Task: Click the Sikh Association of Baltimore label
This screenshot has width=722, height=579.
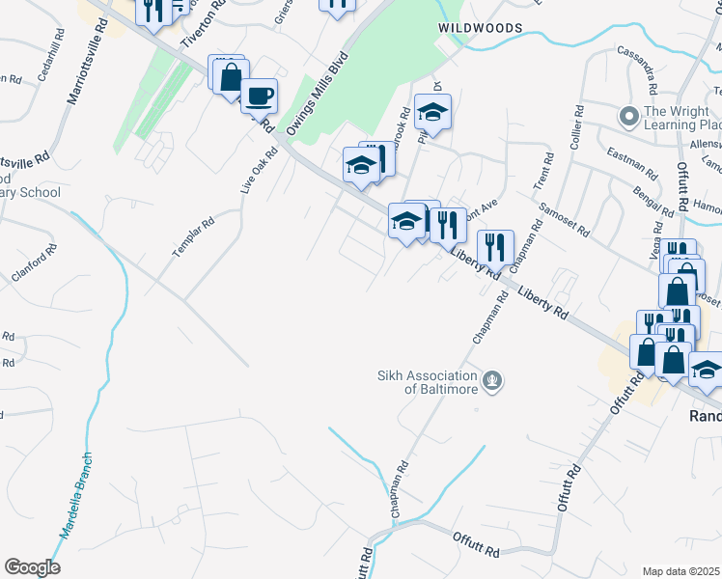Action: [428, 382]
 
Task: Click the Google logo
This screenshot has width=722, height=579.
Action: [31, 567]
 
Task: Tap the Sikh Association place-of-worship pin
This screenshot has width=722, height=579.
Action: [493, 381]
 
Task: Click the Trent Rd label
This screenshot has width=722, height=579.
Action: [541, 171]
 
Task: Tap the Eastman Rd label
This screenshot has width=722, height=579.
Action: [630, 160]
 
